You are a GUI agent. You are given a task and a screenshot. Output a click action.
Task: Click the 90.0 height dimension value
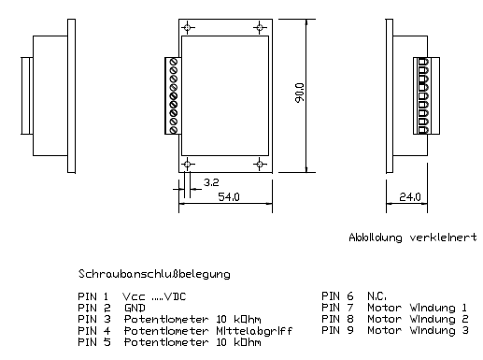pyautogui.click(x=300, y=93)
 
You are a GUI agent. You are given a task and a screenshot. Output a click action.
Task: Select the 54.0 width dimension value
pyautogui.click(x=229, y=197)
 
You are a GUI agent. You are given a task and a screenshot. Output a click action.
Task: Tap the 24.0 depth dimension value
pyautogui.click(x=410, y=197)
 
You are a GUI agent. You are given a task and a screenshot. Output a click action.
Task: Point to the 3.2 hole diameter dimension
pyautogui.click(x=211, y=182)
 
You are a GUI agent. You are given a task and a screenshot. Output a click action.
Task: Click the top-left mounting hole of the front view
pyautogui.click(x=188, y=28)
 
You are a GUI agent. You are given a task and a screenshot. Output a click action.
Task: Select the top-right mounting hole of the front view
pyautogui.click(x=260, y=28)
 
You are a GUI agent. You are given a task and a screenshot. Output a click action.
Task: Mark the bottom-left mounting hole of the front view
pyautogui.click(x=188, y=164)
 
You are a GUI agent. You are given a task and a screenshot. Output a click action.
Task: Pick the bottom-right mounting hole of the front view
pyautogui.click(x=260, y=164)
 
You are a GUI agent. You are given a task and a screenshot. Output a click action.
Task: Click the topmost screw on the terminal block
pyautogui.click(x=174, y=62)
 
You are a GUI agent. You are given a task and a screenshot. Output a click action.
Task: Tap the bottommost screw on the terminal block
pyautogui.click(x=174, y=130)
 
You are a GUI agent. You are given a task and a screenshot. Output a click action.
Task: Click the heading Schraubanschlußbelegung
pyautogui.click(x=154, y=274)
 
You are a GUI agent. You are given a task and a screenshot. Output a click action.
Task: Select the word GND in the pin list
pyautogui.click(x=135, y=308)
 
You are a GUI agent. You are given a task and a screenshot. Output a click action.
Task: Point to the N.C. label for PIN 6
pyautogui.click(x=376, y=295)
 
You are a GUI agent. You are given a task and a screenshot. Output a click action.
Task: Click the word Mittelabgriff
pyautogui.click(x=254, y=331)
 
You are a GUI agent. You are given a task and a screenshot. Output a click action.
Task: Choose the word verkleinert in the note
pyautogui.click(x=443, y=238)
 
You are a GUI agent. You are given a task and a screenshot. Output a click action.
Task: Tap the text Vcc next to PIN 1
pyautogui.click(x=134, y=296)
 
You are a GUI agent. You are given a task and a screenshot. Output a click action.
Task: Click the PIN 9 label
pyautogui.click(x=337, y=330)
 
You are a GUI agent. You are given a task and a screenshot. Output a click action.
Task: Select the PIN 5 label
pyautogui.click(x=94, y=342)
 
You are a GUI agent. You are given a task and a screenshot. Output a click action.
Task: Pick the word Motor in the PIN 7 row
pyautogui.click(x=384, y=308)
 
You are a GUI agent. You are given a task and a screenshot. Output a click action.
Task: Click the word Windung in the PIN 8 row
pyautogui.click(x=433, y=320)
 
